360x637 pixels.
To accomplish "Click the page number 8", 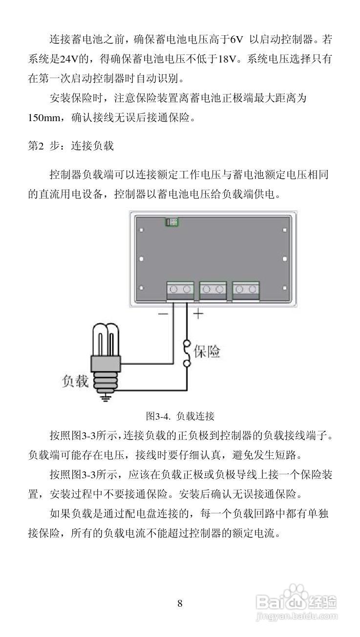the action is coord(180,603).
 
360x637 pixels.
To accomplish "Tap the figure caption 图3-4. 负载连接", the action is coord(180,416).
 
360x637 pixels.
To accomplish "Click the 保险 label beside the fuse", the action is coord(207,351).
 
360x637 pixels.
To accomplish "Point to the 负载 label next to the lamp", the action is coord(76,381).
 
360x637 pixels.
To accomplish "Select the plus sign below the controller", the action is coord(198,314).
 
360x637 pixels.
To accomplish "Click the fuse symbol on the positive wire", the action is coord(186,353).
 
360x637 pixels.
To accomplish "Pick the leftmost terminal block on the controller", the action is coord(180,289).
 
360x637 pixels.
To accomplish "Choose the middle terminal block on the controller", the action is coord(213,289).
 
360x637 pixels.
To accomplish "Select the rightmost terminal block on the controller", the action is coord(245,289).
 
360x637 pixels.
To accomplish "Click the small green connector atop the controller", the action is coord(171,222).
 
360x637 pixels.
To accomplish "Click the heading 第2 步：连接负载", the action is coord(71,146).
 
